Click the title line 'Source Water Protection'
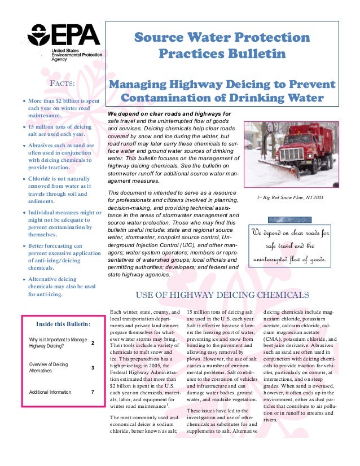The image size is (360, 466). pyautogui.click(x=222, y=38)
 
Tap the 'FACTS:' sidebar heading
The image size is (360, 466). pyautogui.click(x=63, y=85)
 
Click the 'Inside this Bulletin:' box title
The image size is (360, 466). pyautogui.click(x=63, y=324)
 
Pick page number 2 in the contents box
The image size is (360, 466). pyautogui.click(x=93, y=343)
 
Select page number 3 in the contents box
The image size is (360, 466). pyautogui.click(x=93, y=368)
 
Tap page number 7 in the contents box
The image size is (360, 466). pyautogui.click(x=93, y=392)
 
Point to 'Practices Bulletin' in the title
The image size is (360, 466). pyautogui.click(x=222, y=55)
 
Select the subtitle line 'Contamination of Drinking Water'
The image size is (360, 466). pyautogui.click(x=223, y=99)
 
